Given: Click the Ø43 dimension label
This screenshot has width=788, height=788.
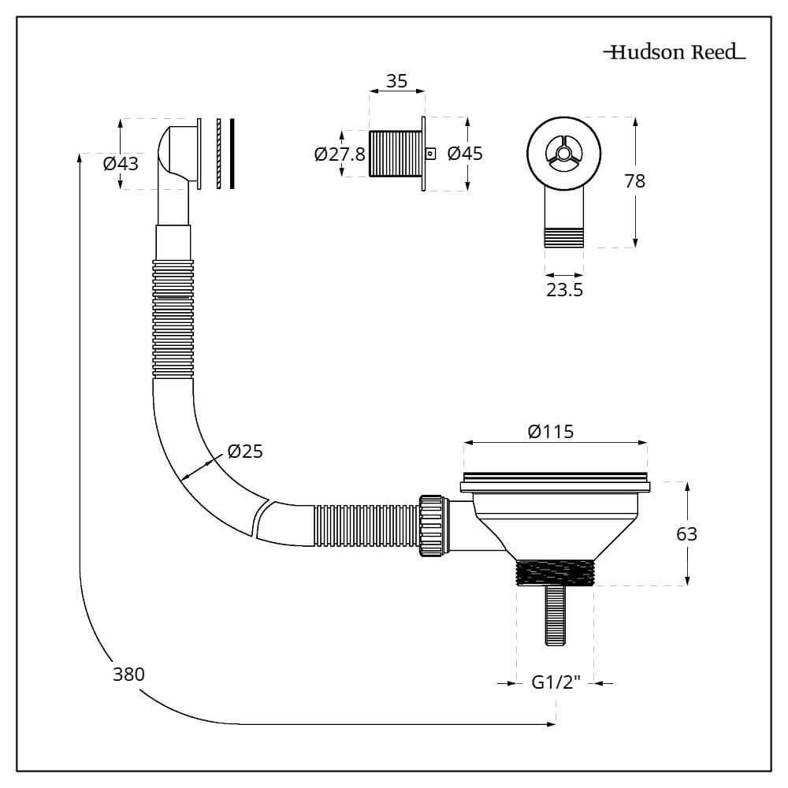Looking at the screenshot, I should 121,164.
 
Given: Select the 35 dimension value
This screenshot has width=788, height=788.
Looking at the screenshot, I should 396,80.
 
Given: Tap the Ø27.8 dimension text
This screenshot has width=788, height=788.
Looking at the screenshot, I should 339,154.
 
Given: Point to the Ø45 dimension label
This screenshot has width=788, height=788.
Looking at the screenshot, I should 465,154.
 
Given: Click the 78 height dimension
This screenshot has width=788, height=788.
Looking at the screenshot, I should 634,181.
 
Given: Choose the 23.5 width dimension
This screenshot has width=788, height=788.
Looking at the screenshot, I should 564,290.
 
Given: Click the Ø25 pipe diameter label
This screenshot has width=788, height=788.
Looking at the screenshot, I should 244,452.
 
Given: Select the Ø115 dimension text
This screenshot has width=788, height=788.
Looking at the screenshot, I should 551,432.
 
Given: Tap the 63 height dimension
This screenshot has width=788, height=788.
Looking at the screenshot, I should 686,534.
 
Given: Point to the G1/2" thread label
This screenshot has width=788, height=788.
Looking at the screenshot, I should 555,683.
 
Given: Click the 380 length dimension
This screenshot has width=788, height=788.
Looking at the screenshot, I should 128,674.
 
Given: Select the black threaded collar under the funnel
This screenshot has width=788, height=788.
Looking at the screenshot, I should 555,571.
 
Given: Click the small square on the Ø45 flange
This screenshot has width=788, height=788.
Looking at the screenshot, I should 430,154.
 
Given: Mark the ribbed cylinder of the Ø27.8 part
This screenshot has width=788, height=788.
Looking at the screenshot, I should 395,154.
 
